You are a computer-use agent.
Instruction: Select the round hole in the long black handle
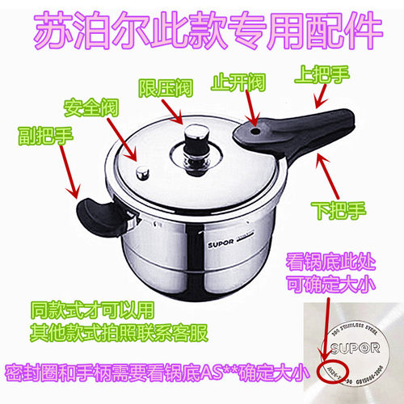[255, 128]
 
